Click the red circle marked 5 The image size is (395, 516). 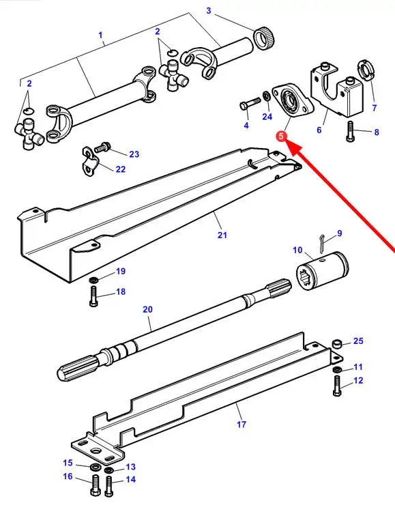click(x=281, y=136)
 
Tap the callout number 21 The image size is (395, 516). click(x=222, y=235)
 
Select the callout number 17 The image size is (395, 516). click(x=242, y=425)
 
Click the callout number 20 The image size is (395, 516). click(x=147, y=309)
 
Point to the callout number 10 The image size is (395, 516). click(x=297, y=250)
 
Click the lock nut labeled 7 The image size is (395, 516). click(x=365, y=70)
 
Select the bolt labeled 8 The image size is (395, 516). click(x=350, y=131)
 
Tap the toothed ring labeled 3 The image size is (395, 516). click(x=264, y=38)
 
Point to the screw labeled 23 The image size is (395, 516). click(x=102, y=148)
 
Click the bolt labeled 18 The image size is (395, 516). click(x=93, y=296)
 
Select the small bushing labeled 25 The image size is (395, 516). click(x=336, y=344)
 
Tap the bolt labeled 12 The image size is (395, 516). click(x=336, y=386)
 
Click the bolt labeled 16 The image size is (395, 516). click(x=94, y=486)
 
